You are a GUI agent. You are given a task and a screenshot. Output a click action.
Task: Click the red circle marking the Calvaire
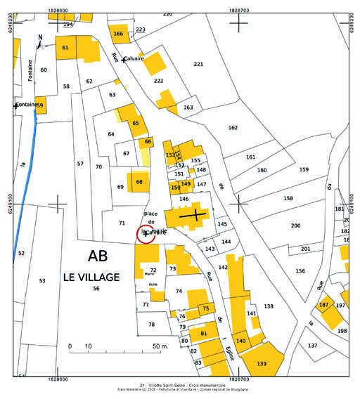(146, 234)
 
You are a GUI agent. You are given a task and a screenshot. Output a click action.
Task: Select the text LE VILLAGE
(91, 277)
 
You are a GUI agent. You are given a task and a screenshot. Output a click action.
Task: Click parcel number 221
(198, 65)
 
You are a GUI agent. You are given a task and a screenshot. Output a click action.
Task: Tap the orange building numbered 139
(262, 363)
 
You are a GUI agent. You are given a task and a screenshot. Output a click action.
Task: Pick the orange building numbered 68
(139, 182)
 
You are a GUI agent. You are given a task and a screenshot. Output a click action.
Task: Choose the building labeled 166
(118, 33)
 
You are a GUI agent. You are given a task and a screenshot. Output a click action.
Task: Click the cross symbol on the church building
(193, 216)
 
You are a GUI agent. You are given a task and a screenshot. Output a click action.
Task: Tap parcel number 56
(96, 289)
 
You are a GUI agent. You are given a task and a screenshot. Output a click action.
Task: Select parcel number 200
(295, 225)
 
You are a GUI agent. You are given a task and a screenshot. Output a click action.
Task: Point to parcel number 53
(41, 280)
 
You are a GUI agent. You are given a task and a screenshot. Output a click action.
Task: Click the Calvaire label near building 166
(134, 59)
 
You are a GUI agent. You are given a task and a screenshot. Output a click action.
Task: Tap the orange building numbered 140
(240, 340)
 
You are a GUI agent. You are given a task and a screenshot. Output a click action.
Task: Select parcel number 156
(300, 270)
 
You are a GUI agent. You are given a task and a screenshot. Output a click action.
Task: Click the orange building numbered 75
(205, 308)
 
